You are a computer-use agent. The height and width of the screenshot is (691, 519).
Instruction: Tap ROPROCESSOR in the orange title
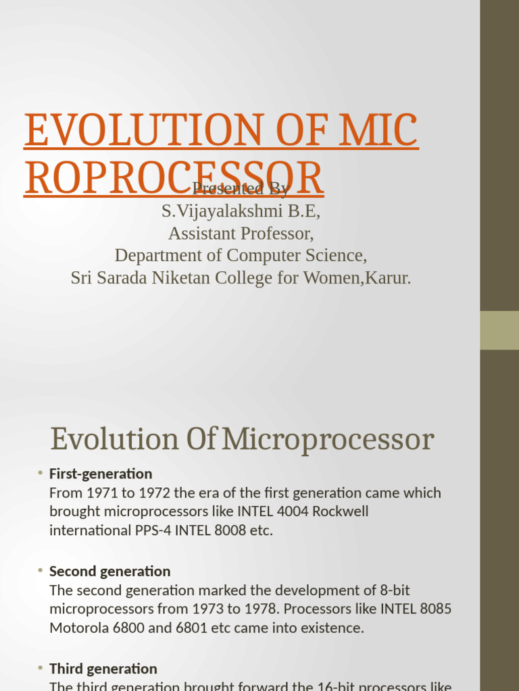(x=174, y=177)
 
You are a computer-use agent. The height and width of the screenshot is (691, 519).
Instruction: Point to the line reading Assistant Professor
(x=241, y=233)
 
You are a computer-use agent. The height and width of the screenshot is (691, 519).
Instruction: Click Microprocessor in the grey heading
(x=328, y=440)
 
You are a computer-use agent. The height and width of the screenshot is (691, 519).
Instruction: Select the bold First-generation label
(x=101, y=474)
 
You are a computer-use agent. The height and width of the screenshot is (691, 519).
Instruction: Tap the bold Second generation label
(x=109, y=572)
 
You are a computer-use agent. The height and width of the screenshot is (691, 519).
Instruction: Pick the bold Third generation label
(x=103, y=669)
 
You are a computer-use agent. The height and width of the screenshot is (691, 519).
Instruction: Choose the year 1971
(x=101, y=493)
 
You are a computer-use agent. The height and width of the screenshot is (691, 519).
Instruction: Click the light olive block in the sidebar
(x=499, y=330)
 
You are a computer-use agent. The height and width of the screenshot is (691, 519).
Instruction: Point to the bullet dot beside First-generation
(x=41, y=472)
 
